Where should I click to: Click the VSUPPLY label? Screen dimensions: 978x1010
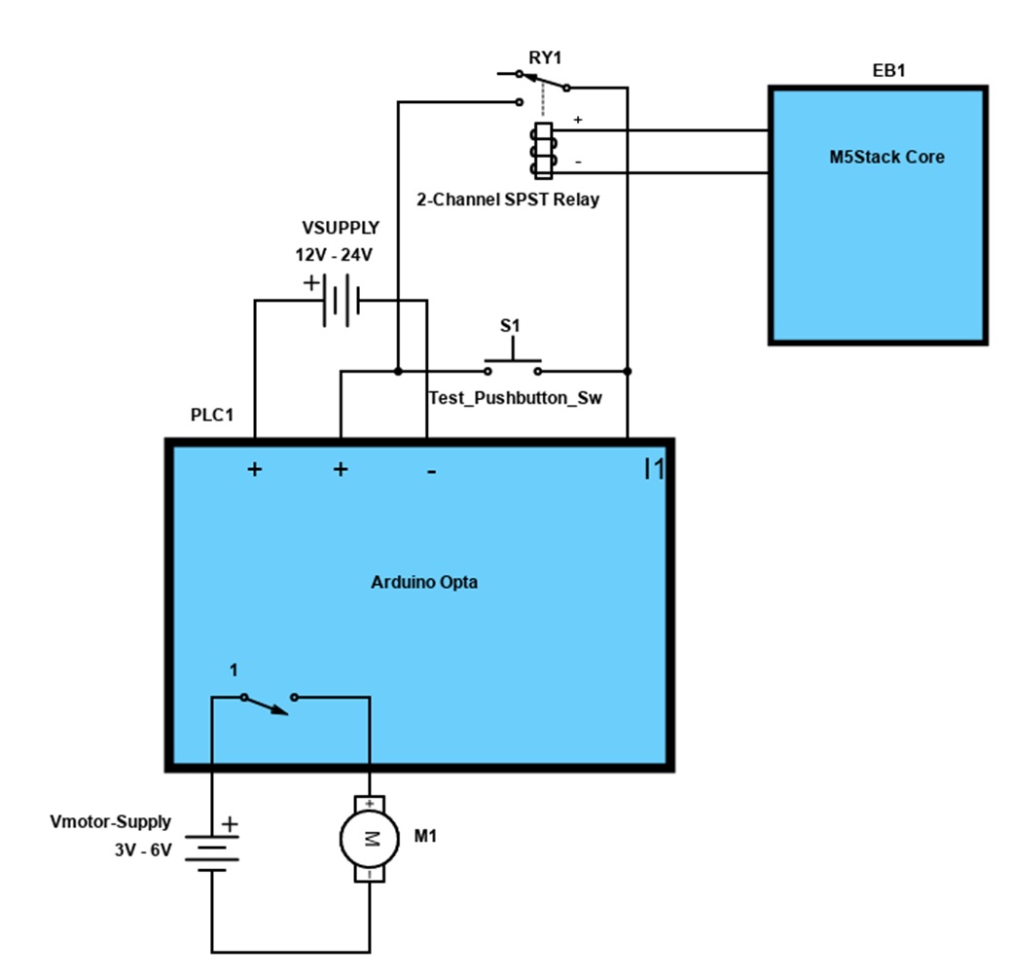(341, 228)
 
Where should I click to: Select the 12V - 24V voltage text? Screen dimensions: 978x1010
(334, 254)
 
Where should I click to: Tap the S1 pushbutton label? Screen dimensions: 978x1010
(511, 325)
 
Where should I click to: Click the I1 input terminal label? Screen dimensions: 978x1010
(653, 469)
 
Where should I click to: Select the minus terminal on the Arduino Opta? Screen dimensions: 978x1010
(430, 471)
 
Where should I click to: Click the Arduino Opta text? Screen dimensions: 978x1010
(424, 582)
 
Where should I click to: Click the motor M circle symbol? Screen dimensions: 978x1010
(369, 838)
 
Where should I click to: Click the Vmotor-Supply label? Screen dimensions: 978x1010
(110, 822)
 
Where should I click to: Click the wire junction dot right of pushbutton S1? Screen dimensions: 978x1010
(627, 371)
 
